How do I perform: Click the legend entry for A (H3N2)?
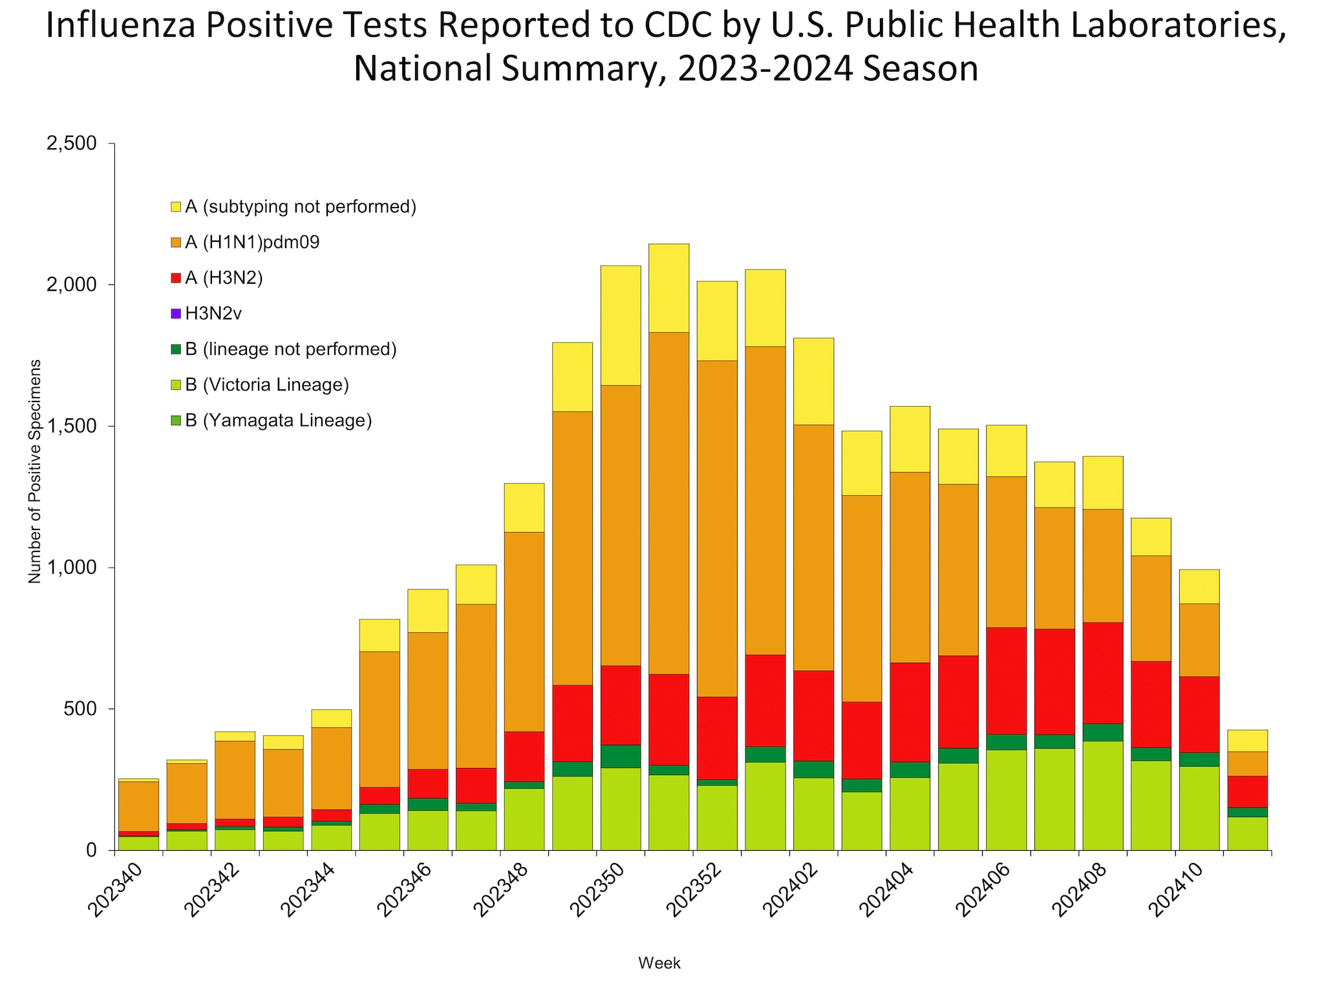point(224,278)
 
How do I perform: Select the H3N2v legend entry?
point(213,314)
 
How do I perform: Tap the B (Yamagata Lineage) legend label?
point(278,421)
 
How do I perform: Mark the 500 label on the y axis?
point(81,709)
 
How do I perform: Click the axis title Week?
point(659,963)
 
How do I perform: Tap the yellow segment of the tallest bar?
point(668,288)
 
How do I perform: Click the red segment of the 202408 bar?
point(1103,672)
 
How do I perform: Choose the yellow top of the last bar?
point(1247,740)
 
